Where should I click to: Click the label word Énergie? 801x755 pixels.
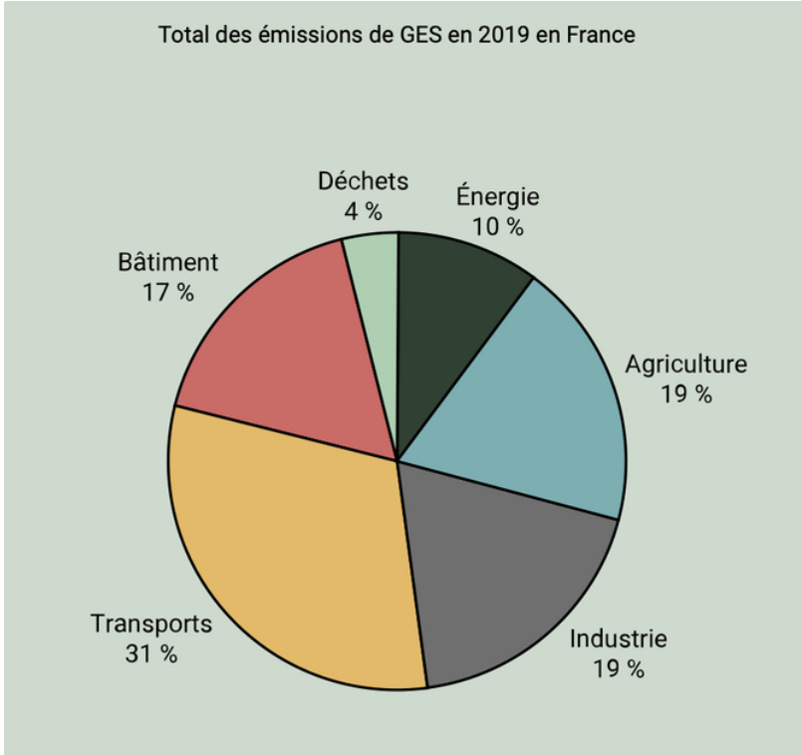[497, 196]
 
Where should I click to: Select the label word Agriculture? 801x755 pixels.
[685, 364]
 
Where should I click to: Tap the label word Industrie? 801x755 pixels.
[618, 637]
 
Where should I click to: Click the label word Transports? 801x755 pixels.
[151, 624]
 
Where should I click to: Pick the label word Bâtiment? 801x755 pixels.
[167, 263]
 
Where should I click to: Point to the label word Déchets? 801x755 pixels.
[363, 181]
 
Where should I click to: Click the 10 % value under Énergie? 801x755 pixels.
[497, 226]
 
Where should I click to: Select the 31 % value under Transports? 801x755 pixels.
[151, 654]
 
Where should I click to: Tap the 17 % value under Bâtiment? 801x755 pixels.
[167, 294]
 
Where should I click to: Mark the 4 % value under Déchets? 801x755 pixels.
[363, 211]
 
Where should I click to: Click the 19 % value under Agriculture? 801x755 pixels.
[685, 394]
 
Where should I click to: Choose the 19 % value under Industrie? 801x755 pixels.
[618, 668]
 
